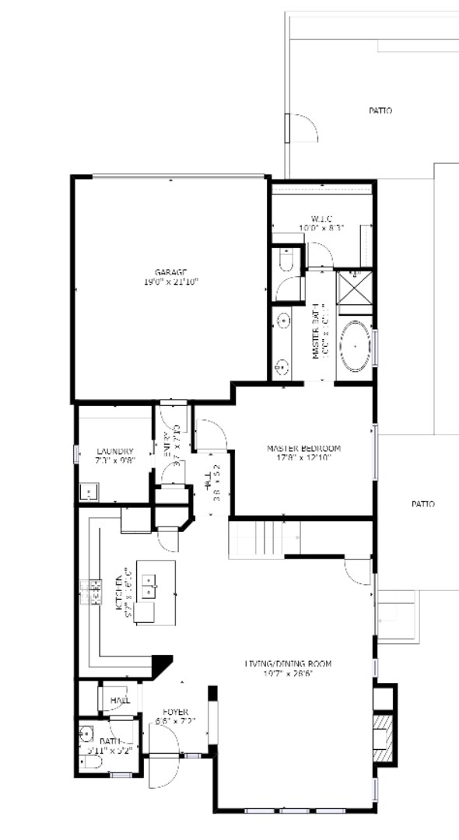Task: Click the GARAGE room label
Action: click(170, 271)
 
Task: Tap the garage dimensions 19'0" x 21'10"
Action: click(170, 282)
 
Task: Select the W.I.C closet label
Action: click(321, 219)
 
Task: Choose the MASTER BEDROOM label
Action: click(303, 449)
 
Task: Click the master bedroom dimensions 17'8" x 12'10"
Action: click(303, 458)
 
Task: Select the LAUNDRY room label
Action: click(114, 452)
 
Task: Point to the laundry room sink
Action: click(89, 492)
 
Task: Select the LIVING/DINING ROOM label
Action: click(288, 663)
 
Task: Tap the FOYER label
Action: click(174, 712)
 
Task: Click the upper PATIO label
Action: click(380, 111)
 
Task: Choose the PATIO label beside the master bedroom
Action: click(423, 504)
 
